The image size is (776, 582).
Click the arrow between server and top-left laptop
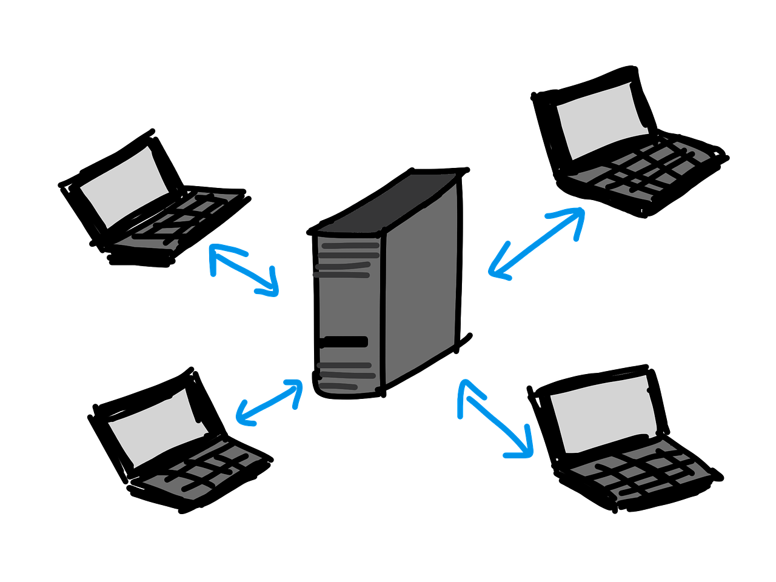242,270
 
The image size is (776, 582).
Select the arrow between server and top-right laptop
536,243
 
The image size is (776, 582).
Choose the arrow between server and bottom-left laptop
269,402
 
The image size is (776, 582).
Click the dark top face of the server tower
394,203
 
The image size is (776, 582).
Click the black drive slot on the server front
346,342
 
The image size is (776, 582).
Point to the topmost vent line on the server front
350,246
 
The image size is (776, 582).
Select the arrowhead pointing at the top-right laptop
576,215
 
